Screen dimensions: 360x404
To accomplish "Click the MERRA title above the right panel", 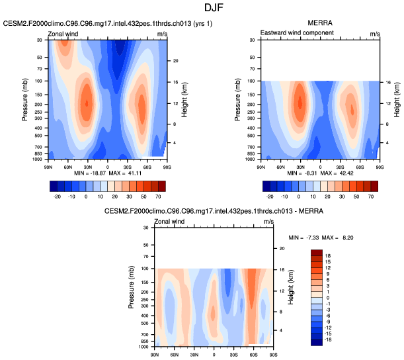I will pos(321,23).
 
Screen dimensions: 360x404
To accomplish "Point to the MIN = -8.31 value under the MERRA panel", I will pos(297,173).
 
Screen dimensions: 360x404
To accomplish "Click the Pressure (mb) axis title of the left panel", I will pos(24,99).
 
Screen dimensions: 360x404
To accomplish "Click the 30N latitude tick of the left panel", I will pos(87,165).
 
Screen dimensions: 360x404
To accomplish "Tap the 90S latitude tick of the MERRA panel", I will pos(380,165).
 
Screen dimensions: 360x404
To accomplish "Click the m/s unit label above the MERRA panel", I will pos(375,32).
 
